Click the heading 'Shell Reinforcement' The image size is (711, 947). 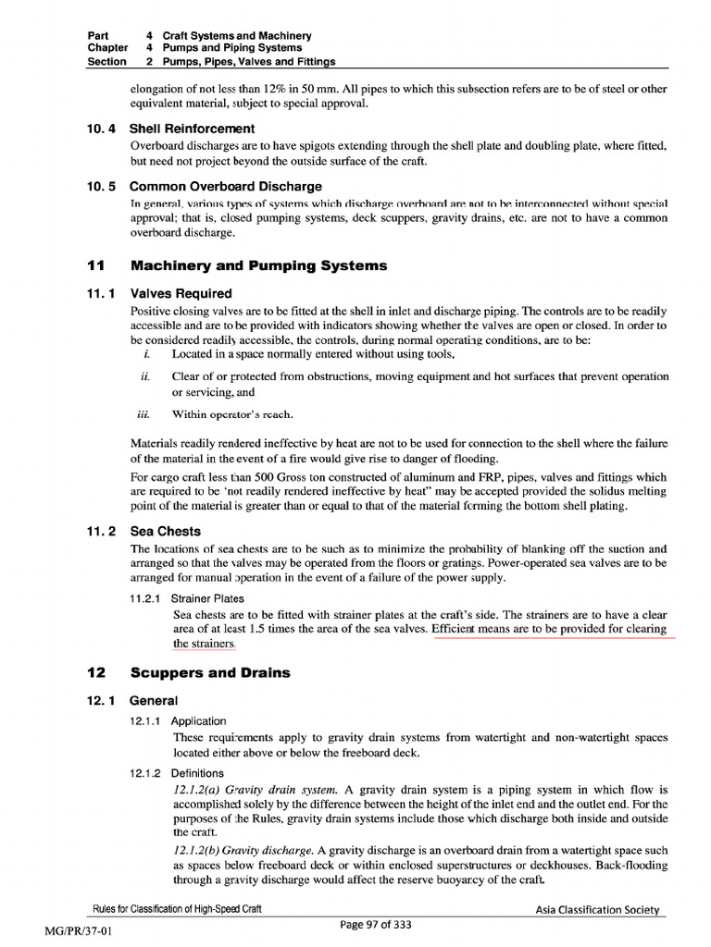pyautogui.click(x=192, y=129)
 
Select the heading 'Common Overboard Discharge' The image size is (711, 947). pyautogui.click(x=225, y=186)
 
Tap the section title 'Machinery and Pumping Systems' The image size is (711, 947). pyautogui.click(x=259, y=265)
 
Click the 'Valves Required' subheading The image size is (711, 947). pyautogui.click(x=181, y=293)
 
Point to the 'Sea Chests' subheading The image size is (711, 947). pyautogui.click(x=165, y=531)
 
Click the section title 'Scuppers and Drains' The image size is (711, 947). pyautogui.click(x=210, y=672)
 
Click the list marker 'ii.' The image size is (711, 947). pyautogui.click(x=145, y=376)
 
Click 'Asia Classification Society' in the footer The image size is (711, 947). pyautogui.click(x=598, y=910)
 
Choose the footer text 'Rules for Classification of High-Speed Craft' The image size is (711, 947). pyautogui.click(x=179, y=910)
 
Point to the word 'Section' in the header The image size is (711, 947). pyautogui.click(x=106, y=62)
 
